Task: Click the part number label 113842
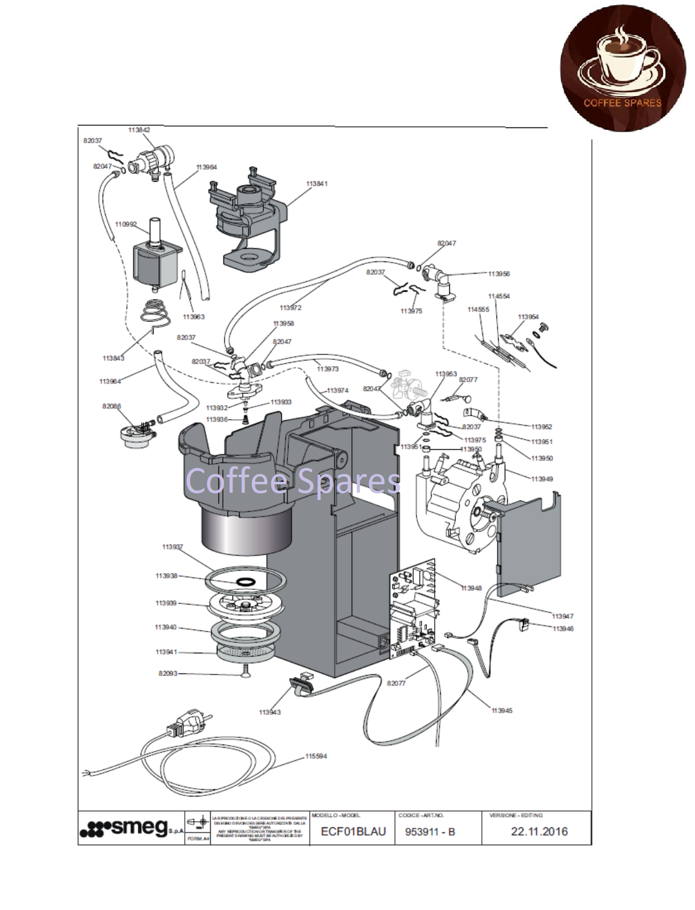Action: [x=139, y=130]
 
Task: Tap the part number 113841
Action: [x=316, y=184]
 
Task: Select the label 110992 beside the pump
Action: [x=126, y=224]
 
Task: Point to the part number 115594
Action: [x=316, y=756]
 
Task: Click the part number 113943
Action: [x=270, y=712]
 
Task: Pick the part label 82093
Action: [x=168, y=673]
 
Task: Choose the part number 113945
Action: [x=502, y=710]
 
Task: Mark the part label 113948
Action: [x=471, y=588]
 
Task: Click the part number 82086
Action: [x=111, y=406]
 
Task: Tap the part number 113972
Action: [x=290, y=307]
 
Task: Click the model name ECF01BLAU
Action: [x=353, y=831]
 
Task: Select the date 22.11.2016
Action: [x=539, y=831]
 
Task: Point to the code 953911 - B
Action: [x=430, y=832]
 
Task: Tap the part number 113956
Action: [x=499, y=274]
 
